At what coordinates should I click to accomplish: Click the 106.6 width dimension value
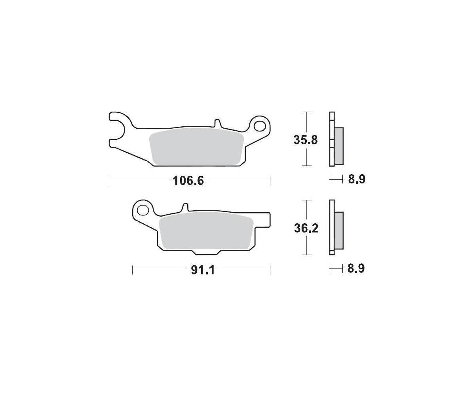pos(188,181)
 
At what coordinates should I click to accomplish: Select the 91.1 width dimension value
pos(203,270)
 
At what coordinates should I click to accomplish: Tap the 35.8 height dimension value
pos(305,140)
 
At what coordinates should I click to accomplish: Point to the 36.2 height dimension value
pos(306,228)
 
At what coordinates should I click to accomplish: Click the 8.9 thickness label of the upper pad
pos(357,179)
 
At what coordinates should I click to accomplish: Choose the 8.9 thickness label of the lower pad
pos(356,268)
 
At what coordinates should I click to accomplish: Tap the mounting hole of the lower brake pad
pos(143,210)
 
